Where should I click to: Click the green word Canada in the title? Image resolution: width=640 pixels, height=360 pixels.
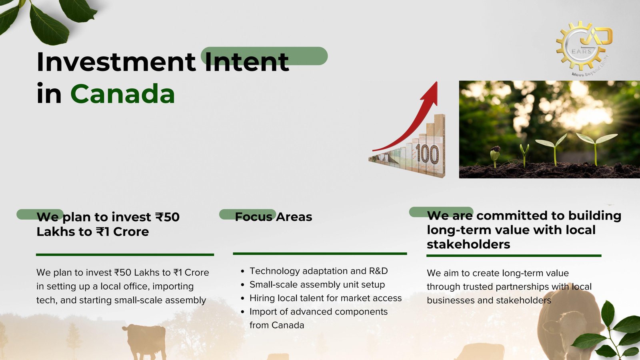click(122, 94)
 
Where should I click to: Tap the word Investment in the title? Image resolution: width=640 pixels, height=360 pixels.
click(116, 62)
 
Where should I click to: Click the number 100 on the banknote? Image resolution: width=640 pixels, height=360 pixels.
click(427, 154)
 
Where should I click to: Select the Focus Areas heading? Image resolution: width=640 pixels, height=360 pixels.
click(274, 217)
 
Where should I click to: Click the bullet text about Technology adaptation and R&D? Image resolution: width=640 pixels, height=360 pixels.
click(318, 271)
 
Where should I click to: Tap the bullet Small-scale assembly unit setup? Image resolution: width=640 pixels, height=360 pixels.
click(317, 284)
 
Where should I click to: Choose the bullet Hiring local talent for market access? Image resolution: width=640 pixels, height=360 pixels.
click(326, 298)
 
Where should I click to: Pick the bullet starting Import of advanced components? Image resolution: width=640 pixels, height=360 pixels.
click(318, 318)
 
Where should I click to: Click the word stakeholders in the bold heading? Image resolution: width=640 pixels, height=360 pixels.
click(468, 244)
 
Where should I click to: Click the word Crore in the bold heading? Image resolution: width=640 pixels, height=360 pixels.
click(131, 232)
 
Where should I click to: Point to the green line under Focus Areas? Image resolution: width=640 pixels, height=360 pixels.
click(320, 254)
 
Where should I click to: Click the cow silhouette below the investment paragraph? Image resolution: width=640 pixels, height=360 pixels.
click(145, 342)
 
